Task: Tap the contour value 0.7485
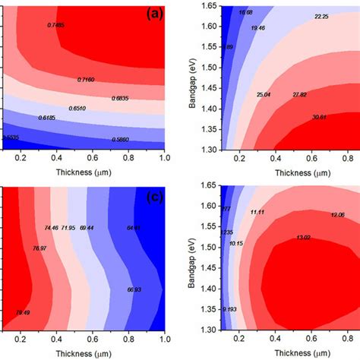(x=58, y=26)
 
